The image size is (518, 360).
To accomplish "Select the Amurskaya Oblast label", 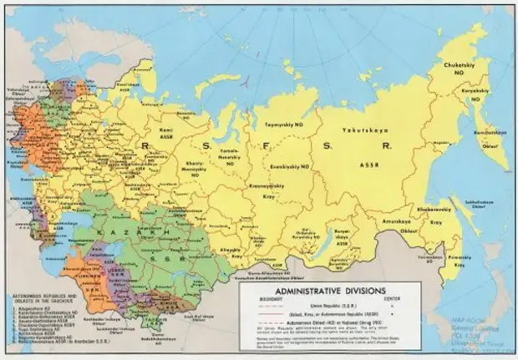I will point(396,219).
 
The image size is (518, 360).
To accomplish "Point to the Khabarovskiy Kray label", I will point(435,205).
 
